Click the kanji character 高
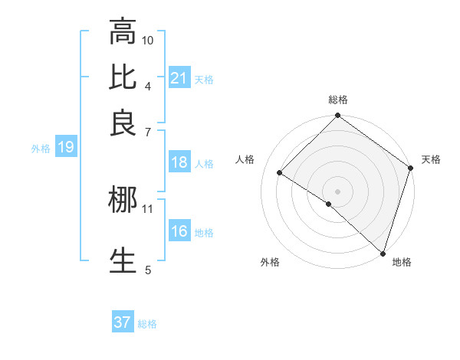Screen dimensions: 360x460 (123, 33)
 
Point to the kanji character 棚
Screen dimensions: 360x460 (123, 201)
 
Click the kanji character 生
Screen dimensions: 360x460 (123, 260)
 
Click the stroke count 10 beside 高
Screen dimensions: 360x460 (148, 40)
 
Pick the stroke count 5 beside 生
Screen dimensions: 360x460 (148, 269)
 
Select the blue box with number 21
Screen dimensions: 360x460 (179, 77)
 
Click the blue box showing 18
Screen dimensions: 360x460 (179, 162)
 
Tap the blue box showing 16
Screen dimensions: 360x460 (179, 232)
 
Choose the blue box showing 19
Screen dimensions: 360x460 (66, 148)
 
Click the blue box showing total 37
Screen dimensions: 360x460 (123, 322)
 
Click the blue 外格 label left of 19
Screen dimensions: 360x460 (40, 149)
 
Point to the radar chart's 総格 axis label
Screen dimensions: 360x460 (338, 100)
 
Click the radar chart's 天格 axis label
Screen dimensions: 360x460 (431, 159)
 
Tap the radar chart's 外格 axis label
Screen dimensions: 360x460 (270, 262)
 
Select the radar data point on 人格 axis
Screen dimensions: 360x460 (280, 173)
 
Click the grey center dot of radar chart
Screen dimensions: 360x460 (337, 191)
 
